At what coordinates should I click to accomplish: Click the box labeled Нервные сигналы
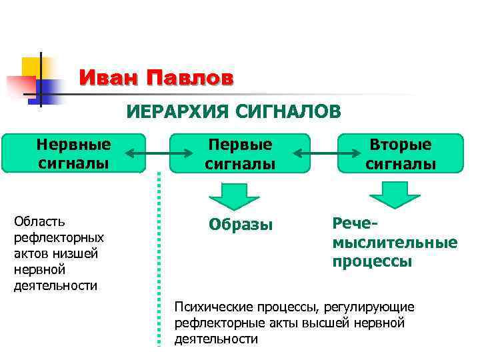coord(73,153)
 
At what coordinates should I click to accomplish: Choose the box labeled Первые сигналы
coord(240,153)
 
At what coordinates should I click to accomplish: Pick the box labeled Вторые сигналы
coord(401,153)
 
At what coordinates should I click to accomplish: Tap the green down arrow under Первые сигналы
coord(234,195)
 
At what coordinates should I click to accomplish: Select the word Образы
coord(241,225)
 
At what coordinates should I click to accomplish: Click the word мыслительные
coord(395,242)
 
